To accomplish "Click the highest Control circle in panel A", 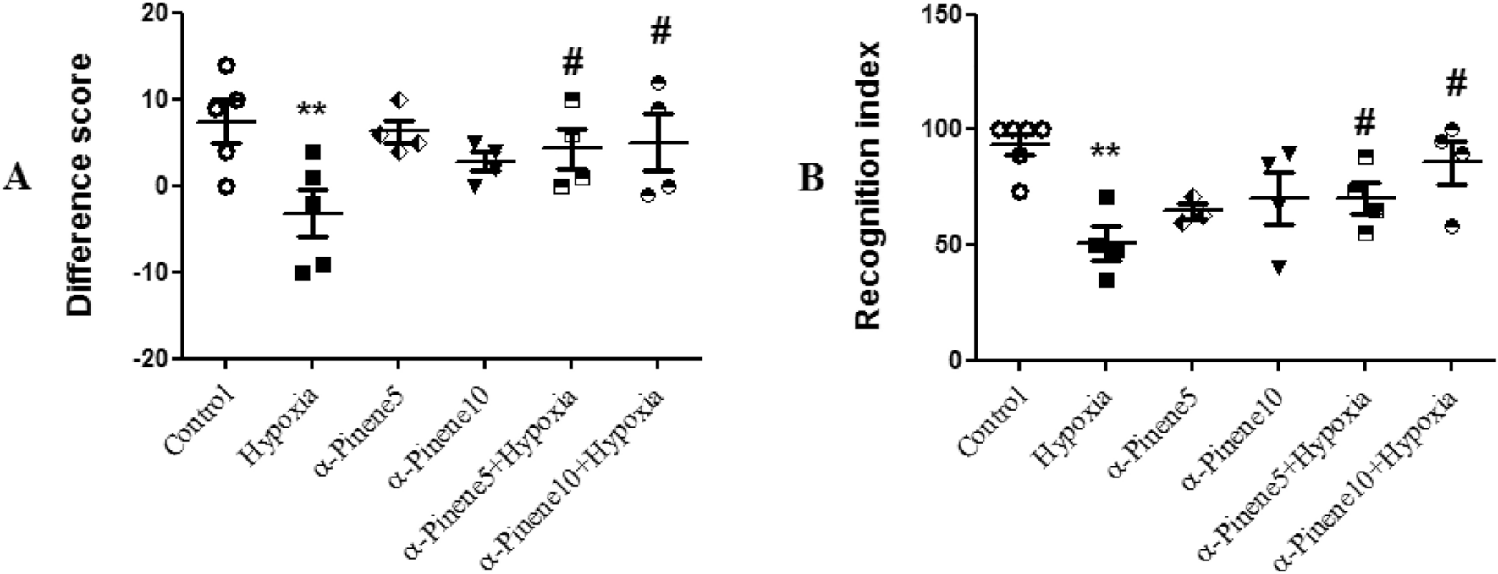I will click(x=226, y=66).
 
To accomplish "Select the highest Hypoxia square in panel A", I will click(x=312, y=152).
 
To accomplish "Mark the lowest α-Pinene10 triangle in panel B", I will click(x=1278, y=268).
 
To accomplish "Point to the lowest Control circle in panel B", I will click(x=1020, y=192).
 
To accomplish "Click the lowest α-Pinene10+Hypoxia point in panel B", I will click(x=1452, y=226).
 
